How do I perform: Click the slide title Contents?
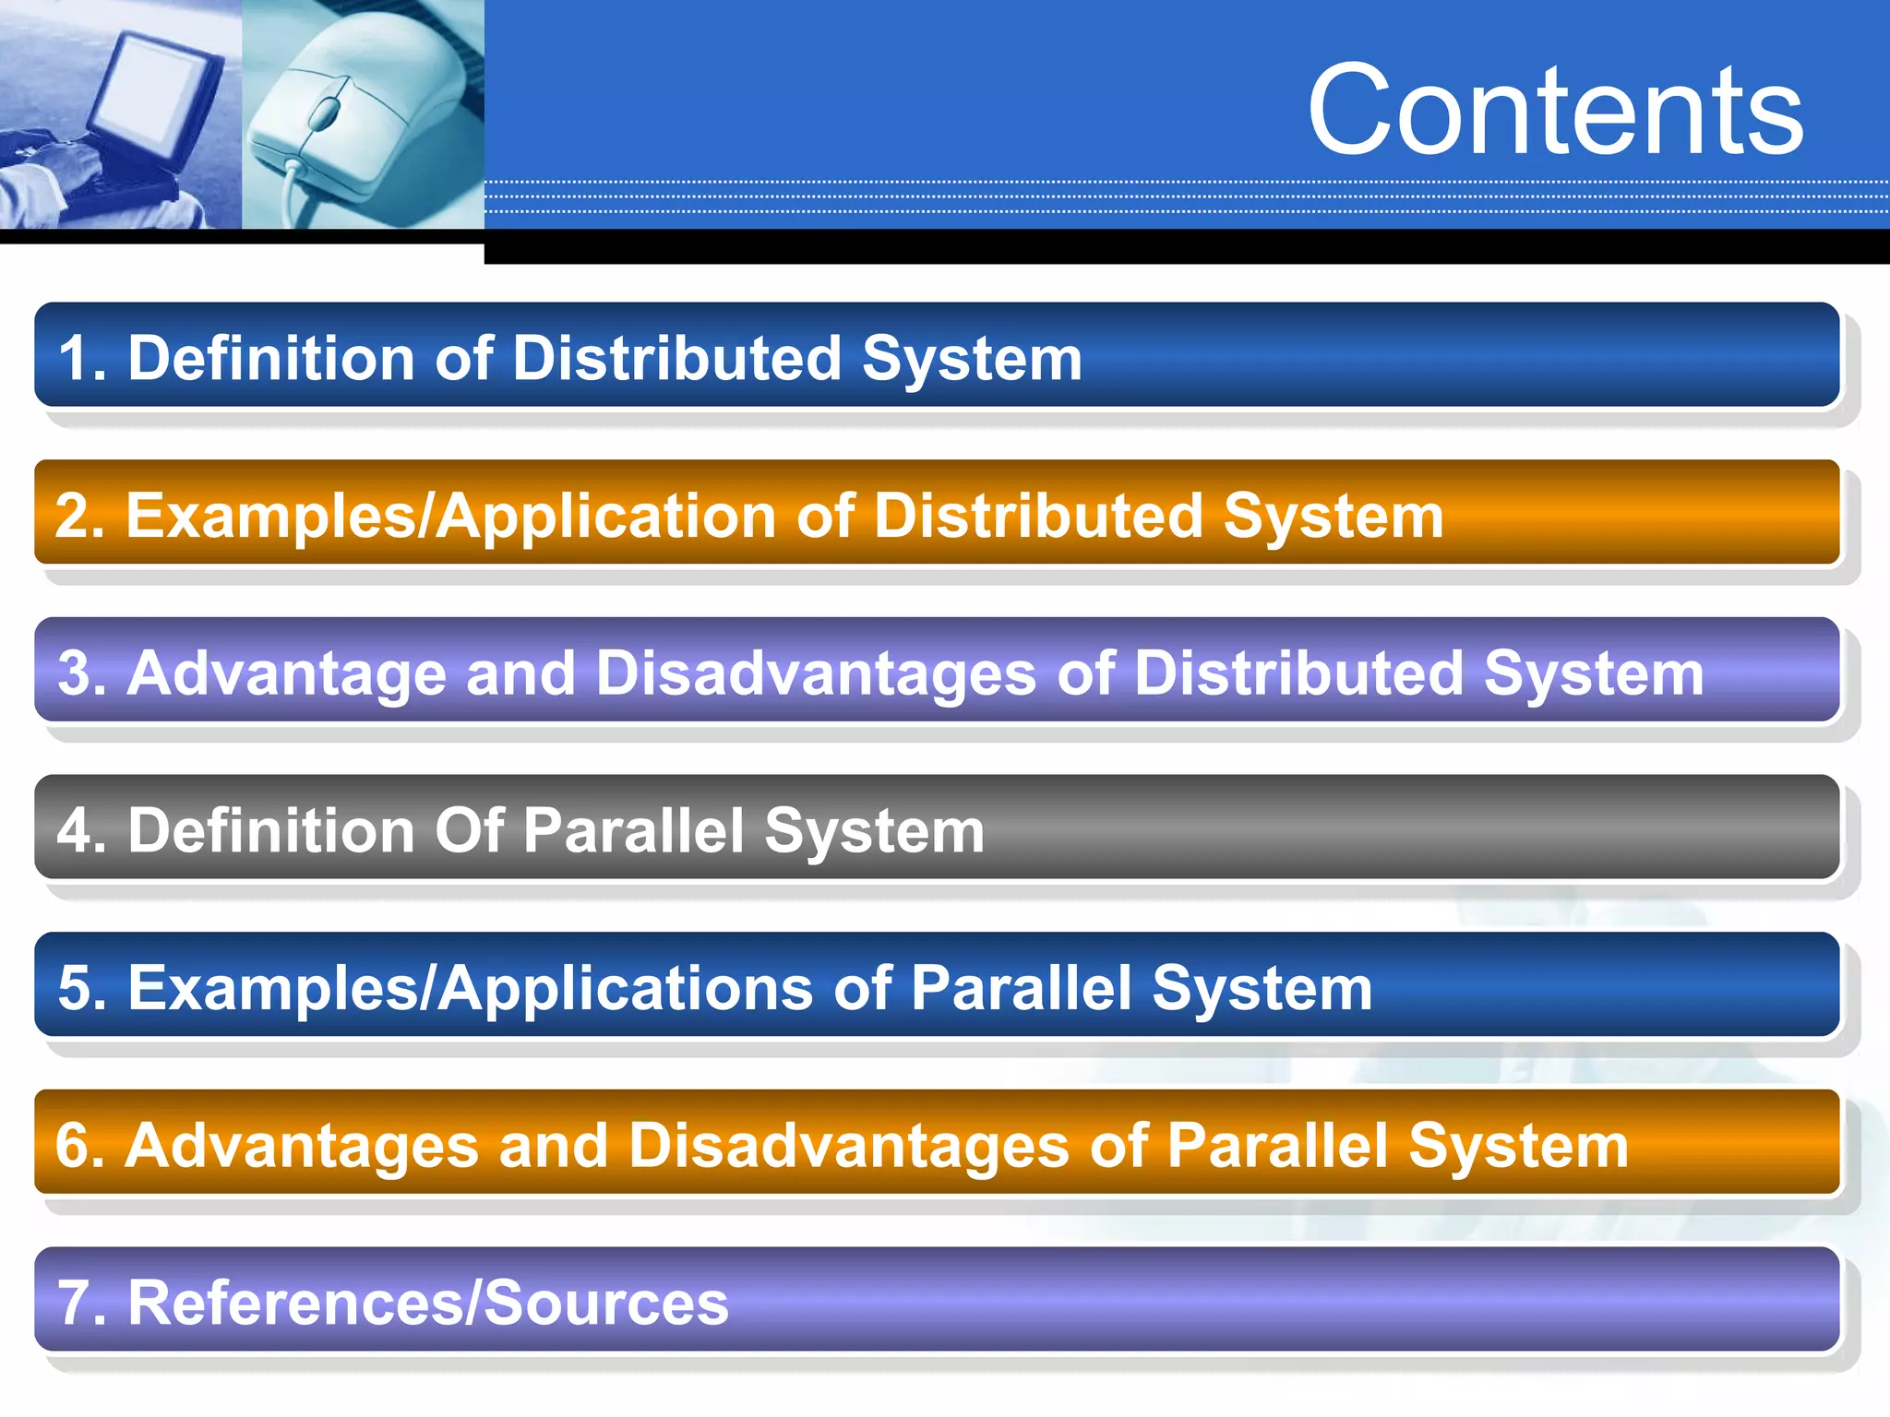pyautogui.click(x=1555, y=111)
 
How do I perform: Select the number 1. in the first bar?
pyautogui.click(x=82, y=358)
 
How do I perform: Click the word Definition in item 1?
pyautogui.click(x=271, y=358)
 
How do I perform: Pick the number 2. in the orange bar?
pyautogui.click(x=79, y=516)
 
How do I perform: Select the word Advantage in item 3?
pyautogui.click(x=286, y=673)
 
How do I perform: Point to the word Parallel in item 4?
pyautogui.click(x=634, y=831)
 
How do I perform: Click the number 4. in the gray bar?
pyautogui.click(x=81, y=831)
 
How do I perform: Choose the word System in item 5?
pyautogui.click(x=1262, y=989)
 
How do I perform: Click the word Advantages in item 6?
pyautogui.click(x=302, y=1147)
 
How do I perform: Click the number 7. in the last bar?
pyautogui.click(x=82, y=1304)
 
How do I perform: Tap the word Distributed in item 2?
pyautogui.click(x=1038, y=516)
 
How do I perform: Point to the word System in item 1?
pyautogui.click(x=972, y=358)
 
